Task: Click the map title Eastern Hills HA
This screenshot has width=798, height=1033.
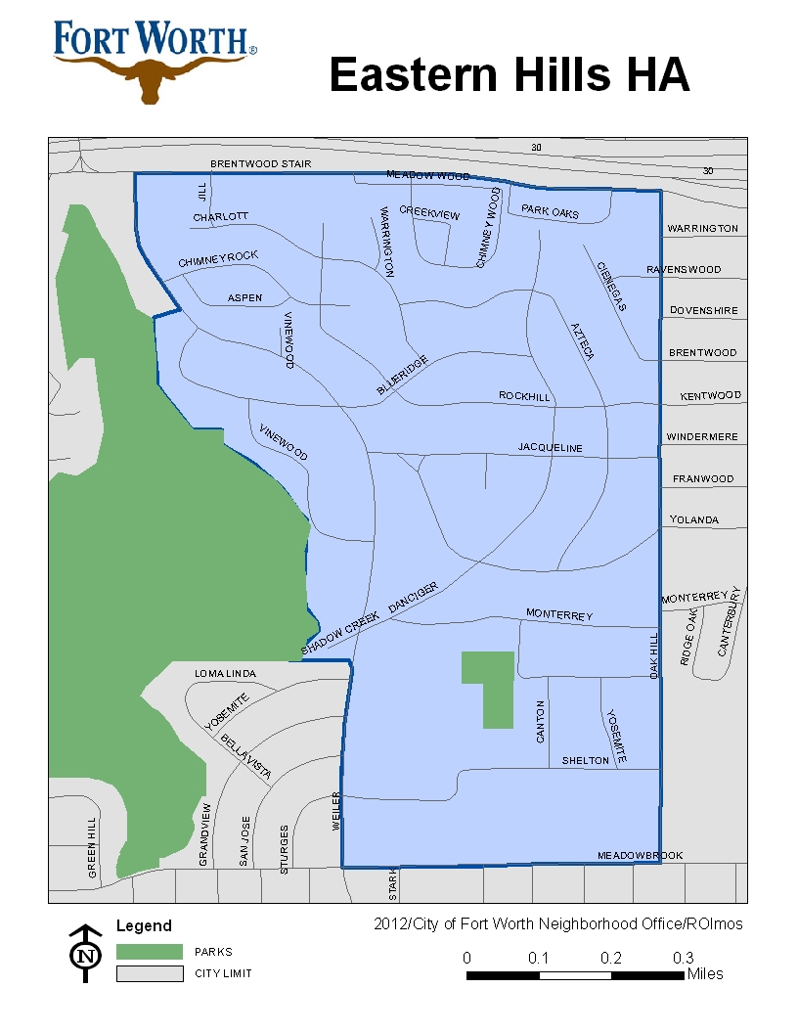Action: pyautogui.click(x=510, y=75)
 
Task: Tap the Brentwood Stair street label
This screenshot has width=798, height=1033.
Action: pyautogui.click(x=260, y=163)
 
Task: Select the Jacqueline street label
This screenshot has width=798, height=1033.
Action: pyautogui.click(x=550, y=448)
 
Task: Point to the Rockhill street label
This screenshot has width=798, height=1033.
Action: pyautogui.click(x=524, y=396)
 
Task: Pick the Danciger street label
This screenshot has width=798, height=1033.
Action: pyautogui.click(x=413, y=598)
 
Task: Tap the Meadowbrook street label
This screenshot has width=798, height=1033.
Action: pyautogui.click(x=640, y=855)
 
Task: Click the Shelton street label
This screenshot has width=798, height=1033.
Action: pyautogui.click(x=585, y=761)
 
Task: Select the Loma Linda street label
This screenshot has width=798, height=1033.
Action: pyautogui.click(x=225, y=674)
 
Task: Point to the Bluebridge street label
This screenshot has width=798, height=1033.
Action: pyautogui.click(x=402, y=376)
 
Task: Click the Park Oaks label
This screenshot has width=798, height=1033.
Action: pyautogui.click(x=550, y=211)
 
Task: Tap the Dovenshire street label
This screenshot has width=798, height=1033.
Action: pyautogui.click(x=703, y=311)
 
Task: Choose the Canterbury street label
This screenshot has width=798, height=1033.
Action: pyautogui.click(x=731, y=622)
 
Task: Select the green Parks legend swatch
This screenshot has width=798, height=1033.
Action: pyautogui.click(x=150, y=951)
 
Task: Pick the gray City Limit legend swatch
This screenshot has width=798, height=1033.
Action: pyautogui.click(x=150, y=973)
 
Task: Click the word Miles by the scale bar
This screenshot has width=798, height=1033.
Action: pyautogui.click(x=705, y=974)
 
